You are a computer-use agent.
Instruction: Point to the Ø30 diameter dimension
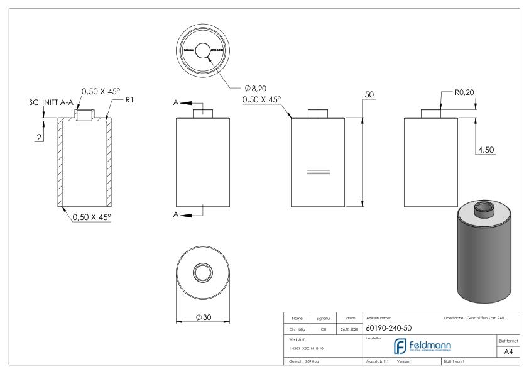(x=202, y=316)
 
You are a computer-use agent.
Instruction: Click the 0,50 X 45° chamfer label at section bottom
(x=92, y=217)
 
